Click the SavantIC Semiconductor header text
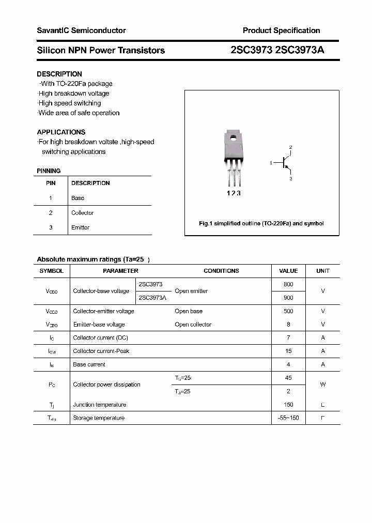81,30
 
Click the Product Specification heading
281,30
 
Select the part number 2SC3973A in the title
300,50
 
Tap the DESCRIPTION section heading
59,74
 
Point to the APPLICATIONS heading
61,132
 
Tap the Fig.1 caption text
261,223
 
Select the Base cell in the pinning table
78,198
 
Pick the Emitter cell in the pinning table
81,227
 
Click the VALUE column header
288,271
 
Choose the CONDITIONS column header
221,271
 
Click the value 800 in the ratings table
288,284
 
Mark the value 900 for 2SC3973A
288,298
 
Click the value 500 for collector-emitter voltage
288,311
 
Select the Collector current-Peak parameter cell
101,351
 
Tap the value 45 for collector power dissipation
288,378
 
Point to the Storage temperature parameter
99,418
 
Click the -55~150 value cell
288,418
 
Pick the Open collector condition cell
193,325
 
